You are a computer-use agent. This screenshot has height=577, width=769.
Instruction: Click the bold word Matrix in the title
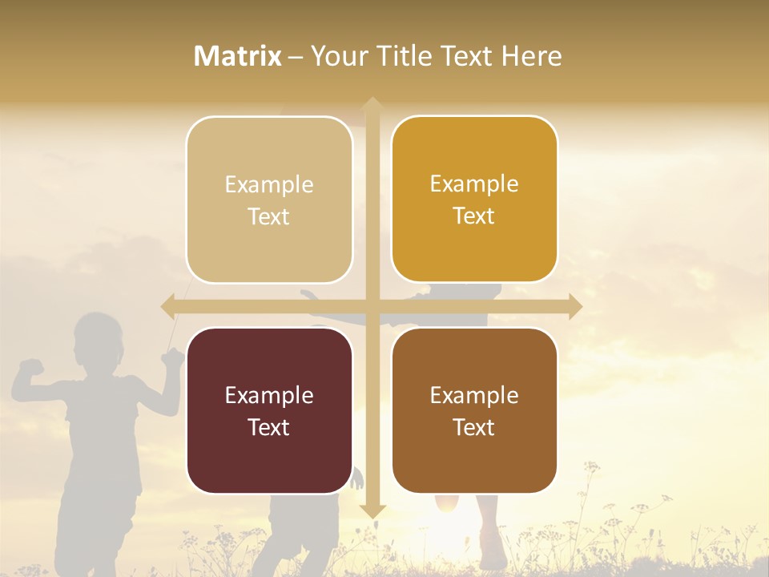pos(238,56)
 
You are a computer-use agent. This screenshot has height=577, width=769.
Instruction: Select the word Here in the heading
pos(531,56)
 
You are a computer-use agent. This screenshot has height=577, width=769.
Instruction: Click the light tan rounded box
pos(269,200)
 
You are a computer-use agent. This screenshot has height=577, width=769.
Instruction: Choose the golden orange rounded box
pos(474,199)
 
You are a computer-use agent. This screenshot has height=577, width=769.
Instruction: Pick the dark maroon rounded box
pos(269,410)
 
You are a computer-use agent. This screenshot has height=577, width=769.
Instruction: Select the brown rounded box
pos(474,410)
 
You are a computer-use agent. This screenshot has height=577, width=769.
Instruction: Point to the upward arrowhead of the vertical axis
pos(372,105)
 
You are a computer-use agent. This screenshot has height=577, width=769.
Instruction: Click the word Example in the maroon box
pos(269,395)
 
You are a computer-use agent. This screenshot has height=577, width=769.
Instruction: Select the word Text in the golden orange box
pos(474,216)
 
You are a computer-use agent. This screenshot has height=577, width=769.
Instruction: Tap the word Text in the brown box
pos(474,427)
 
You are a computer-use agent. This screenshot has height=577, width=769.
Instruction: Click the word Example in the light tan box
pos(269,184)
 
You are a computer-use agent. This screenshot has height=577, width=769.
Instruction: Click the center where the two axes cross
pos(372,305)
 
